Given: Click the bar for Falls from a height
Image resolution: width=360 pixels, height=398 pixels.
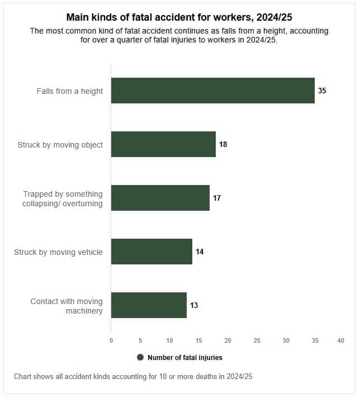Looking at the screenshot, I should tap(212, 91).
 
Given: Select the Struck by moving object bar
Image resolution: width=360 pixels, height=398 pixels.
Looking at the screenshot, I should tap(163, 144).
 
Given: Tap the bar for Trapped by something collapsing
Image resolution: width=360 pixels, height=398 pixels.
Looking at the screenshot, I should tap(160, 198).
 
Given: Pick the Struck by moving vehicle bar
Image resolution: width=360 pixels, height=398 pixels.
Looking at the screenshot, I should tap(151, 252).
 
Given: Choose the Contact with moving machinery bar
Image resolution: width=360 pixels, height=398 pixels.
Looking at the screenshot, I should tap(149, 305).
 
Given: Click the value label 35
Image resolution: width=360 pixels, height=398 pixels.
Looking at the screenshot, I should tap(322, 91).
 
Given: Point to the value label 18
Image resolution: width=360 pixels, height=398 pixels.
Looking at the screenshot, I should tap(223, 144).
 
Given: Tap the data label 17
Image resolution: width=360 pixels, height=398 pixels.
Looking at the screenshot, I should tap(217, 198).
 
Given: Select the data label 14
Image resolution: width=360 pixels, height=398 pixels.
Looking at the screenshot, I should tap(200, 252).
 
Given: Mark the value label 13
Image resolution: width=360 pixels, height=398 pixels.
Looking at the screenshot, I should tap(194, 305).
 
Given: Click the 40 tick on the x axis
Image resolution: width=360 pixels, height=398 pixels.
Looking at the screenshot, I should tap(340, 340).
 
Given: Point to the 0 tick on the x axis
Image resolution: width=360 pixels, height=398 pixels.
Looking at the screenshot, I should tap(111, 340).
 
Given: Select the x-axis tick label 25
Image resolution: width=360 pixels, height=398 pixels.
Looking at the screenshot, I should tap(257, 340).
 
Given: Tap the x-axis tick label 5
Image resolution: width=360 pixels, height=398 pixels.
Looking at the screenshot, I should tap(140, 340).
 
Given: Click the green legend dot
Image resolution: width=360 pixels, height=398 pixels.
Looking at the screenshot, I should tap(140, 357).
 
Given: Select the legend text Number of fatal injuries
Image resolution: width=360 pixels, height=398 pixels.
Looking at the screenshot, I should tap(184, 358).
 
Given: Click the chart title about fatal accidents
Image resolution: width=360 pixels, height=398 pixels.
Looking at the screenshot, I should tap(179, 18).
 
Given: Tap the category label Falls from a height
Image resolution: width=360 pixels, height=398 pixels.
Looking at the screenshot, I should tap(70, 91).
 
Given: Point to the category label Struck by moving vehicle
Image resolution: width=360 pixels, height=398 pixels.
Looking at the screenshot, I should tap(58, 252).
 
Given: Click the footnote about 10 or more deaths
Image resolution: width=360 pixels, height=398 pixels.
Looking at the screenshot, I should tap(133, 376).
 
